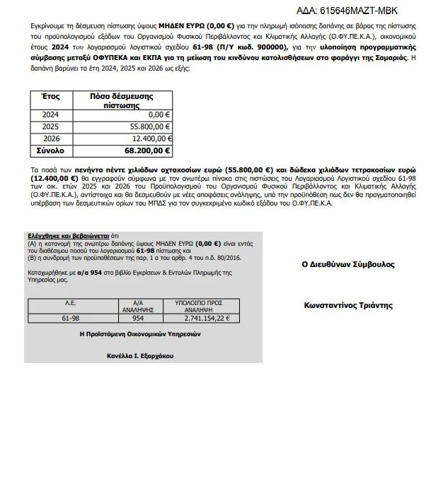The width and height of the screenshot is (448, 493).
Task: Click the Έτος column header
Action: click(x=51, y=96)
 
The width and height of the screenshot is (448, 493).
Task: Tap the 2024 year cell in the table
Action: click(x=51, y=114)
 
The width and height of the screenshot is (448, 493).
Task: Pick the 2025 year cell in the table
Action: click(x=51, y=126)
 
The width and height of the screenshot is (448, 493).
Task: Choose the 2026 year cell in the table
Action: click(x=51, y=138)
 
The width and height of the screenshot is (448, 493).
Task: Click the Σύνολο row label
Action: click(x=51, y=150)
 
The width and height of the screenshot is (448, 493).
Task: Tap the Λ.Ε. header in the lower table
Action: click(x=71, y=302)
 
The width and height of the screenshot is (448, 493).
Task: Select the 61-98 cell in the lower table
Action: click(x=71, y=317)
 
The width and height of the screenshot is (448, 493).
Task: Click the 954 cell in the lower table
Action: click(x=139, y=317)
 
